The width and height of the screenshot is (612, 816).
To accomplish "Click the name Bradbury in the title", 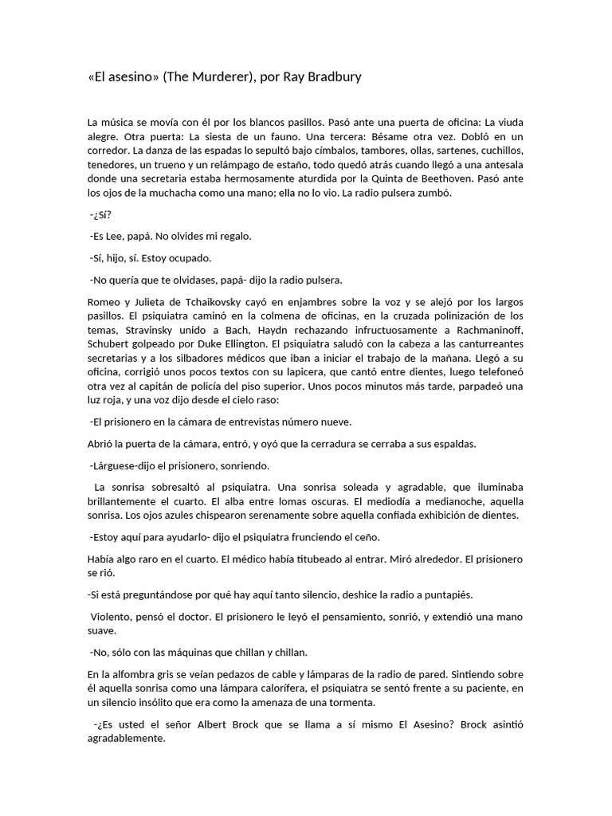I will (331, 77).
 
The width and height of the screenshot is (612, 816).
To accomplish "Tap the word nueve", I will (335, 422).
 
